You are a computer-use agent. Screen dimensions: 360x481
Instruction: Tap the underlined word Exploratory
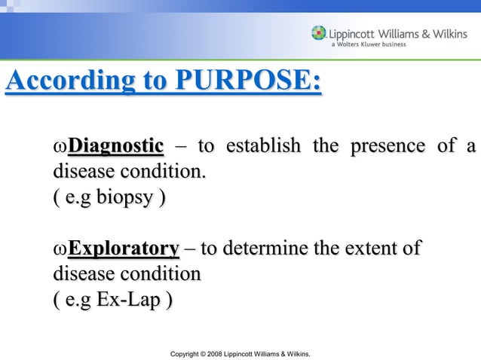(x=123, y=248)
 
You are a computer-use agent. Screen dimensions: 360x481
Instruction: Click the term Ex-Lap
(x=130, y=301)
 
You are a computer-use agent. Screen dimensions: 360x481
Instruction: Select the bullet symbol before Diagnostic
(x=60, y=147)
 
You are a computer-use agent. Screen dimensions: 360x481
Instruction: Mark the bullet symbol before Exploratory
(x=60, y=249)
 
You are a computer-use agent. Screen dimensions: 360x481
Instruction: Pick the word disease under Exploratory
(x=80, y=275)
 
